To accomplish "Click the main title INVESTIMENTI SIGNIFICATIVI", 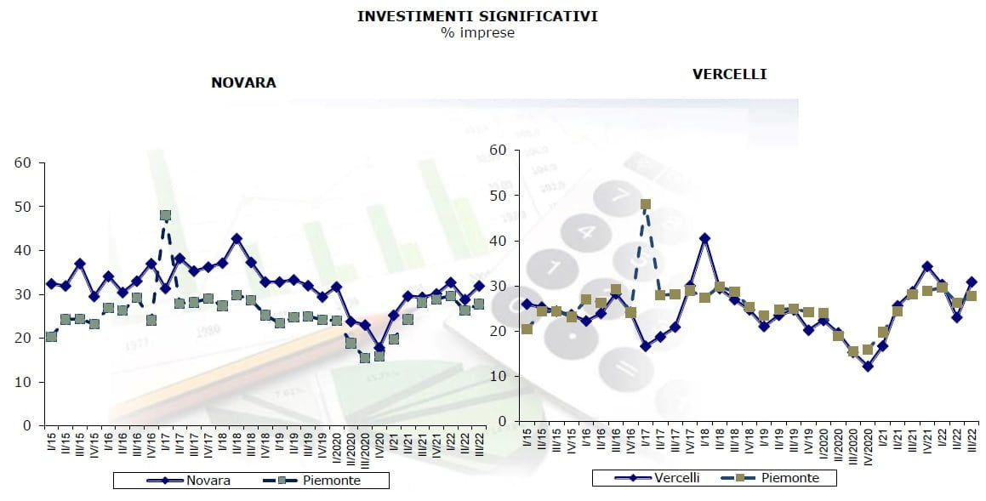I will [477, 16].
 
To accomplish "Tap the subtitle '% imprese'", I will [477, 33].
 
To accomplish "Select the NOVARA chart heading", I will [243, 83].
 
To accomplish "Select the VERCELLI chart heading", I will [729, 74].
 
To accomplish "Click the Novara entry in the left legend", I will [208, 481].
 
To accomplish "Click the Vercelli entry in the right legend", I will [676, 478].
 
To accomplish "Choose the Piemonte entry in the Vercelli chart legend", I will [790, 478].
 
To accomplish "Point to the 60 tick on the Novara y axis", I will [24, 162].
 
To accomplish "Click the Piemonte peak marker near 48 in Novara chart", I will [165, 215].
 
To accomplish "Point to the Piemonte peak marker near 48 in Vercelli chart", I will [646, 204].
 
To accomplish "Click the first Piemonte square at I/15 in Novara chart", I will [51, 337].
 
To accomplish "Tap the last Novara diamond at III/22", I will [480, 286].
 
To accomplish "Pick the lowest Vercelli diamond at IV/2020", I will [868, 367].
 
